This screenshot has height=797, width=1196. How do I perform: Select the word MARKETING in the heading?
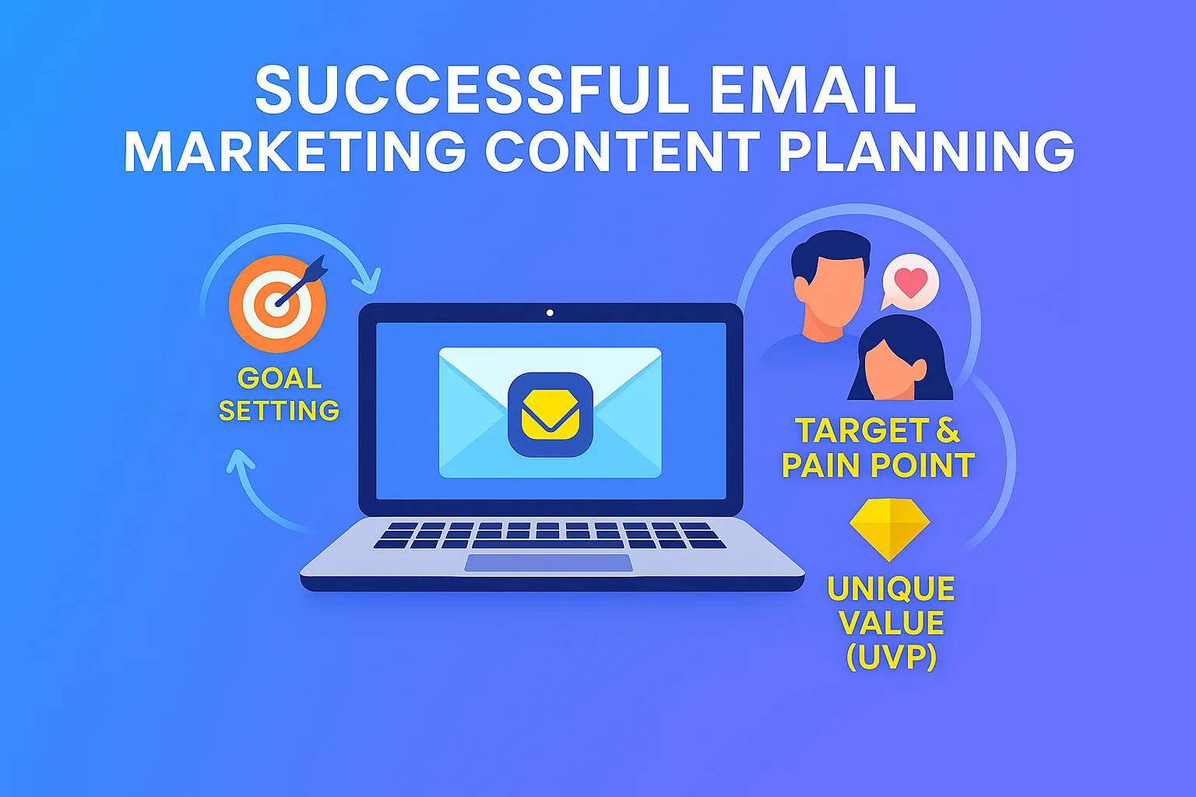[x=295, y=150]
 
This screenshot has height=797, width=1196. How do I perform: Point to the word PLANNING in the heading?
[x=927, y=150]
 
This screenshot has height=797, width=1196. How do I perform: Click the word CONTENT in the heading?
[x=622, y=150]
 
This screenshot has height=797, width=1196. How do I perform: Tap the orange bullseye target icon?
[x=277, y=304]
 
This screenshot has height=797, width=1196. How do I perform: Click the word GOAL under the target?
[x=280, y=378]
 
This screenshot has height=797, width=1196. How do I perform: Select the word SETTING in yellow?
[x=280, y=410]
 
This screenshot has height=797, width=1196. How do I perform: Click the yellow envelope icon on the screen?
[x=550, y=415]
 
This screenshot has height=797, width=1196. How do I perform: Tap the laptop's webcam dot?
[x=550, y=313]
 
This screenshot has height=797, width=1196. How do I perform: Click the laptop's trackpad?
[x=548, y=563]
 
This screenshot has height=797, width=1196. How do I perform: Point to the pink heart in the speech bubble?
[x=911, y=283]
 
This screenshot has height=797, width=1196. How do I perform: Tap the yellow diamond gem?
[x=889, y=529]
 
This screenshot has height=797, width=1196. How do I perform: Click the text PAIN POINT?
[x=878, y=465]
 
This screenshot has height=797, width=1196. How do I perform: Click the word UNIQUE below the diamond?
[x=891, y=588]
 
